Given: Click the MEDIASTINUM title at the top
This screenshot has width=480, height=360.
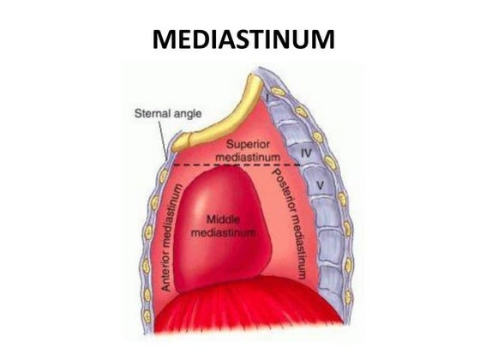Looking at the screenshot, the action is click(243, 39).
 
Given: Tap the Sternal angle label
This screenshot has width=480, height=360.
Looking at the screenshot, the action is click(168, 113).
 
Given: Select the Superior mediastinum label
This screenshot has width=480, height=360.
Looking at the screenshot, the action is click(248, 151).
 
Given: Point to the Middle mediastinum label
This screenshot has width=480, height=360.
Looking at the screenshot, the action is click(223, 226).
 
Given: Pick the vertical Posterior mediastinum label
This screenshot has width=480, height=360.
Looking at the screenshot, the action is click(290, 223).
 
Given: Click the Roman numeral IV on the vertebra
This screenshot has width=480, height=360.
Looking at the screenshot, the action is click(307, 153).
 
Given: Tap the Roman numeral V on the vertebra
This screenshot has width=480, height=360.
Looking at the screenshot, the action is click(320, 185).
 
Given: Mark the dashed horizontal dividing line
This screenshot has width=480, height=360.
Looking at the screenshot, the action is click(237, 165).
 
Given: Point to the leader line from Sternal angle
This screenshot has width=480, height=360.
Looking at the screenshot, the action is click(163, 139).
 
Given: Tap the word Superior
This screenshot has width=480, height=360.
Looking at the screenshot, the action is click(248, 144).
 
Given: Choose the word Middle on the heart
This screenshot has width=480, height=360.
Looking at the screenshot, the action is click(223, 219).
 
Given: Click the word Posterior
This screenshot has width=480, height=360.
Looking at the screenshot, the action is click(282, 189).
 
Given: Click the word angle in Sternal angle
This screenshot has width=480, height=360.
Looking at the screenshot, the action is click(188, 114).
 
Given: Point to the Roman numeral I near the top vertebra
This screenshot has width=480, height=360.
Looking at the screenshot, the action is click(267, 99).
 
